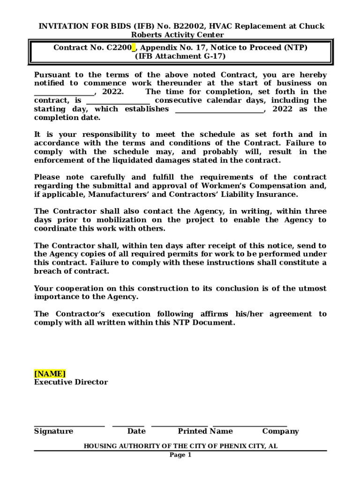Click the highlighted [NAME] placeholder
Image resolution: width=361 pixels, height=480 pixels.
[x=50, y=374]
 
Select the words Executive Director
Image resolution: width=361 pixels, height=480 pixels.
[x=71, y=382]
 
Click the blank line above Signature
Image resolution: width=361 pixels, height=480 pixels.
[x=69, y=426]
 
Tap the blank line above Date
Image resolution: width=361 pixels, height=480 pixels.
[x=128, y=426]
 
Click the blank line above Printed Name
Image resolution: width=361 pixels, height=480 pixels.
[x=180, y=426]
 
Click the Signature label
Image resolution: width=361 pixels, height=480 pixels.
[x=53, y=431]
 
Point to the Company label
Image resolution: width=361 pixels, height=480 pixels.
[x=280, y=431]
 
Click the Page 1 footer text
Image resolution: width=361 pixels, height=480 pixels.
[x=180, y=455]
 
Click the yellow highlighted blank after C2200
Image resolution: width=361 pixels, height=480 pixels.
[x=134, y=48]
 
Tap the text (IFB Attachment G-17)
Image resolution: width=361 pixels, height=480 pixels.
[x=180, y=56]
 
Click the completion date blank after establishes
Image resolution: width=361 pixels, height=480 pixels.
[x=219, y=110]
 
